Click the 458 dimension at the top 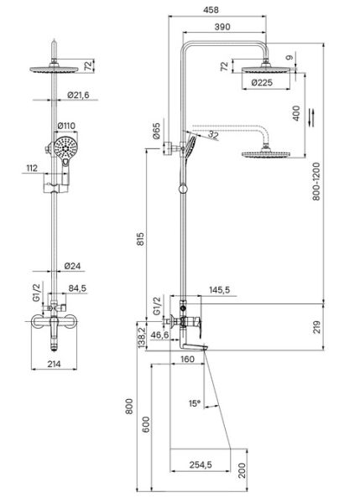tap(211, 10)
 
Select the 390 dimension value tap(222, 27)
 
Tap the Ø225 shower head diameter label tap(262, 83)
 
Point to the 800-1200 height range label tap(316, 181)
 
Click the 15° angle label tap(195, 403)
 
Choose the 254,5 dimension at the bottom tap(201, 464)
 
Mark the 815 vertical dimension tap(141, 239)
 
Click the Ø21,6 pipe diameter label tap(78, 95)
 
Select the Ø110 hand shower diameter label tap(66, 126)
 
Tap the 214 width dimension tap(54, 364)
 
